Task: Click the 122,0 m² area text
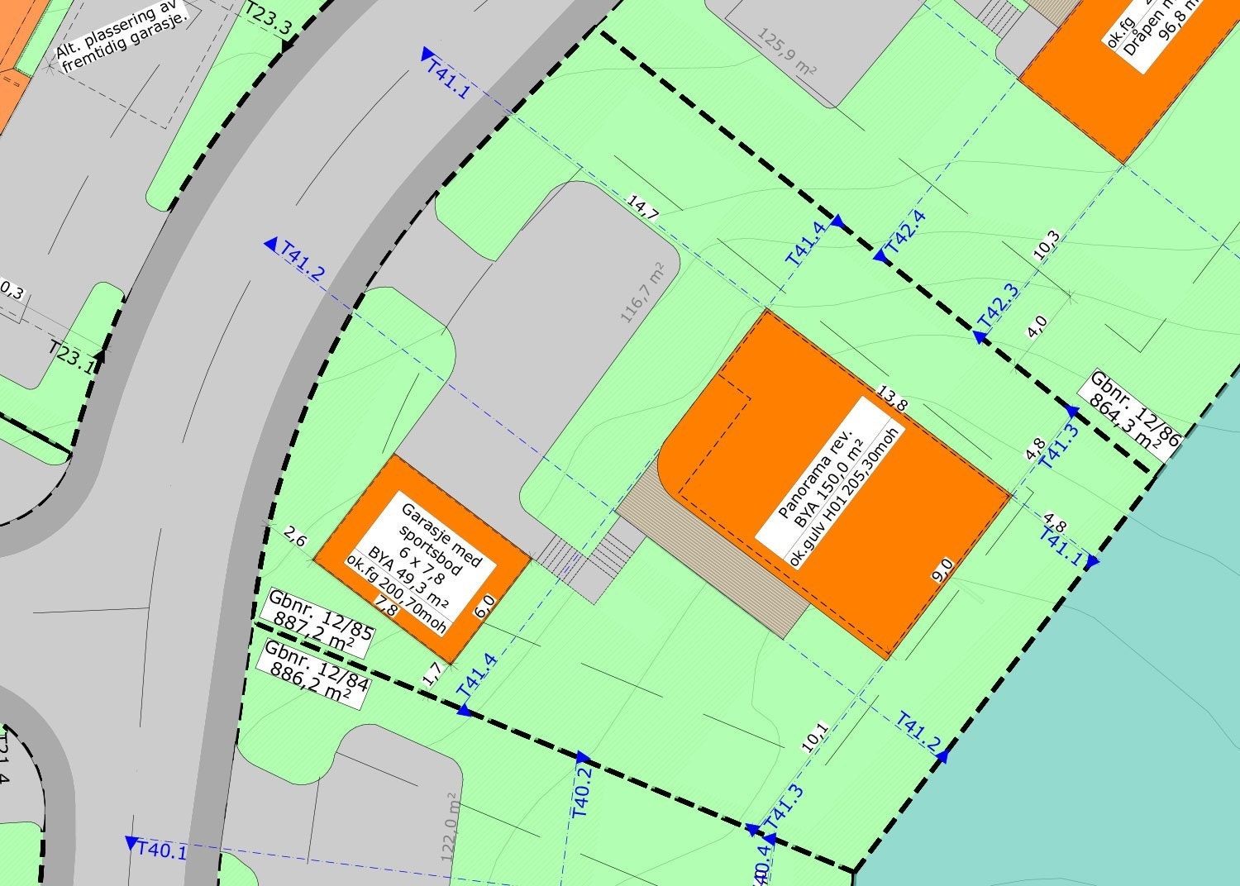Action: [450, 826]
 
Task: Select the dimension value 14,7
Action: [642, 207]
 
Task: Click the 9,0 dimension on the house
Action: [943, 570]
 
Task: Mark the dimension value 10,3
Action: [1047, 245]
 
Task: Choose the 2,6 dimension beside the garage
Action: [295, 540]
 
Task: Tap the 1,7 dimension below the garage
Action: [432, 674]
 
